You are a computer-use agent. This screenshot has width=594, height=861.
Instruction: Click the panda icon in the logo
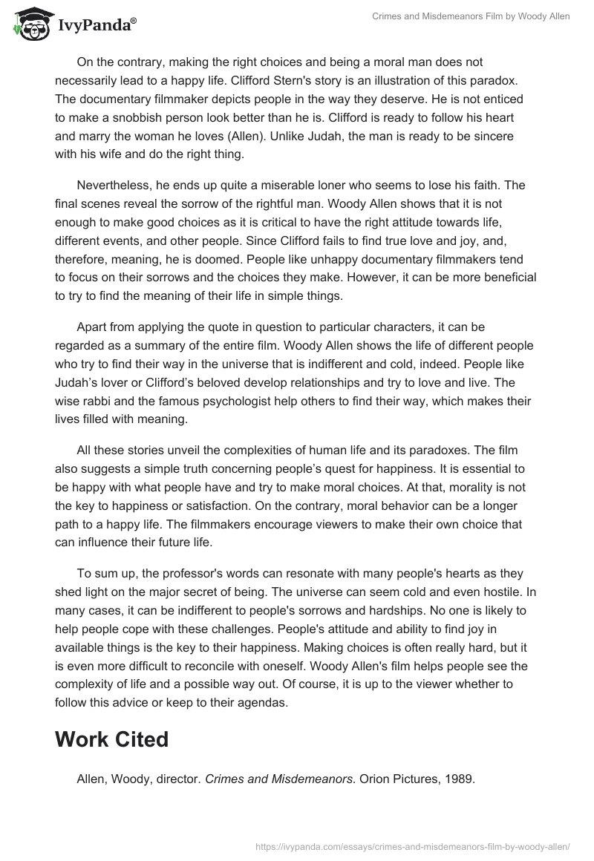pos(29,24)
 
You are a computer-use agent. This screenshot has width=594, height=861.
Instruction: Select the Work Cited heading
pos(111,739)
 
